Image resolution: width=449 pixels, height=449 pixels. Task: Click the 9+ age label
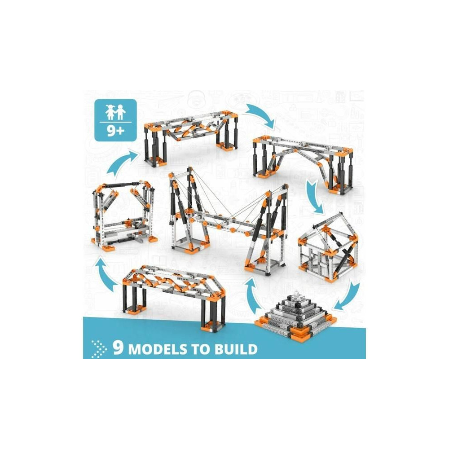(116, 131)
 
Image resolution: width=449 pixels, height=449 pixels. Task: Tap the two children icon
(115, 112)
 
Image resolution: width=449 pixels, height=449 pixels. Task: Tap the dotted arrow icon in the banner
(99, 349)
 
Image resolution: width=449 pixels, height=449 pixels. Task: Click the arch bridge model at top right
(303, 165)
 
